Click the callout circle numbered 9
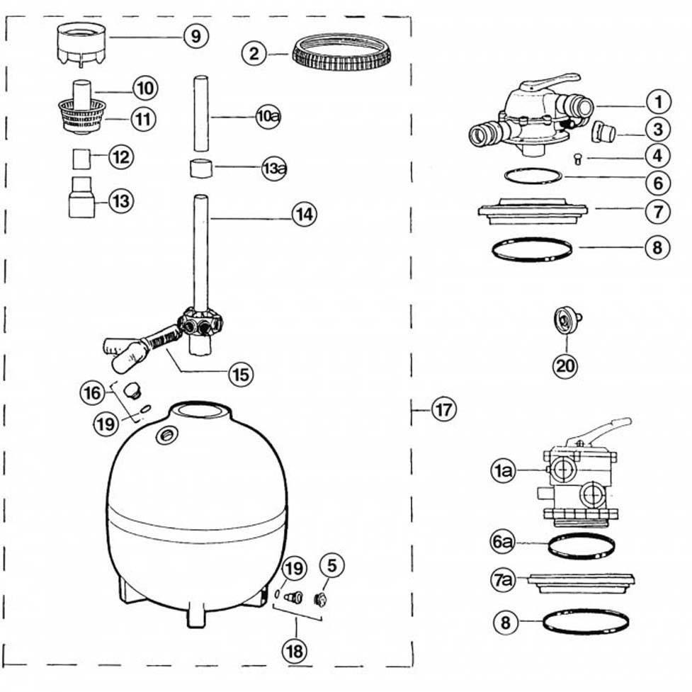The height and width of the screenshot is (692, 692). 195,35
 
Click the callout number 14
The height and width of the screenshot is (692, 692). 303,215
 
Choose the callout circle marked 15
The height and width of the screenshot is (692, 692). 241,373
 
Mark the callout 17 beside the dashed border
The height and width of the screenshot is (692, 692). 443,409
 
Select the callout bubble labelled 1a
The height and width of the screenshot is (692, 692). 503,471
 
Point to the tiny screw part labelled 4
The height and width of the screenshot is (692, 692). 577,159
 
